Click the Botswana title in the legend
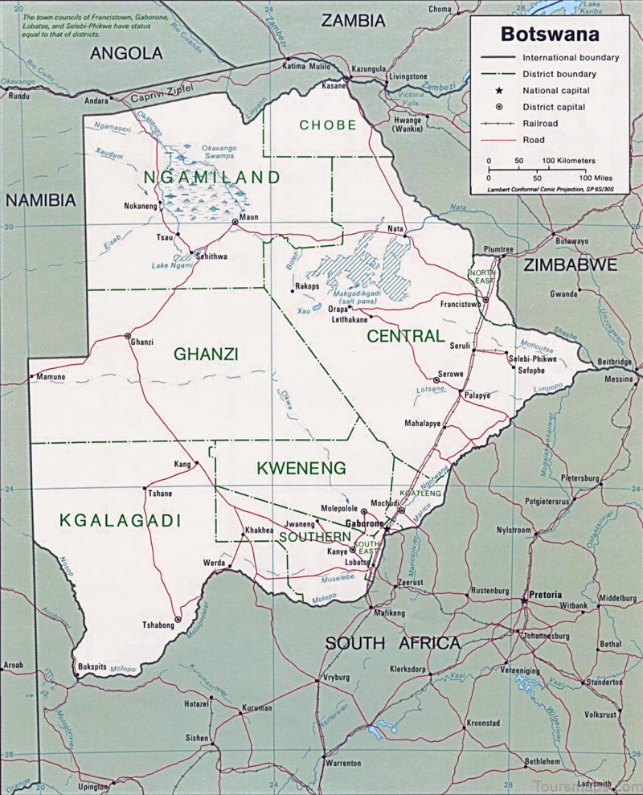click(550, 35)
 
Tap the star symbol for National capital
click(498, 91)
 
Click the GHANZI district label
click(207, 354)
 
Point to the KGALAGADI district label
click(120, 521)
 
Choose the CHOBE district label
click(327, 125)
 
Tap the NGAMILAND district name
click(212, 177)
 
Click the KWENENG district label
click(301, 467)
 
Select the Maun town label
click(248, 216)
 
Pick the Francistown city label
click(460, 304)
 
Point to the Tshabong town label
click(158, 625)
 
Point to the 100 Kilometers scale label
click(568, 161)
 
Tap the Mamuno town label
click(49, 376)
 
